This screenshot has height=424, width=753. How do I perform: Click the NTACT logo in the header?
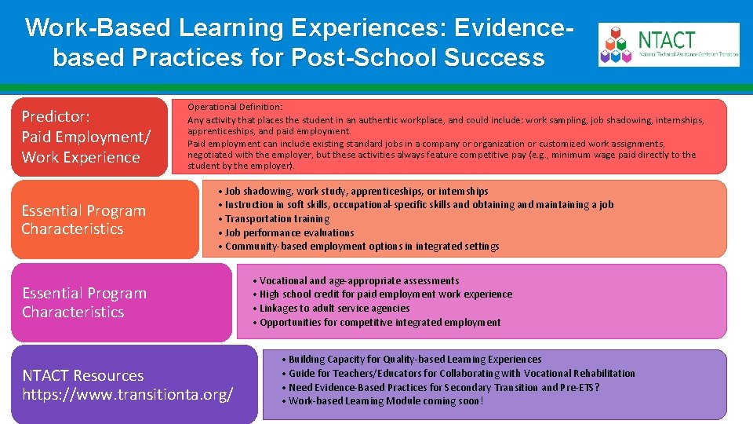tap(668, 44)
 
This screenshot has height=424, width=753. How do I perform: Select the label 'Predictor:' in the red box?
tap(55, 116)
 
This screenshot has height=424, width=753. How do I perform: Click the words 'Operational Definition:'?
tap(235, 106)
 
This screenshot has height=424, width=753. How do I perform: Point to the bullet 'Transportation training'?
tap(277, 218)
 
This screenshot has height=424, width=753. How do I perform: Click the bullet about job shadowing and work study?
tap(356, 191)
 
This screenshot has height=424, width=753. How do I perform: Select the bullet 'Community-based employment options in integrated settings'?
tap(362, 247)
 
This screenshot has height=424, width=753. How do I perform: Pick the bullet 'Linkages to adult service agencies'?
tap(334, 309)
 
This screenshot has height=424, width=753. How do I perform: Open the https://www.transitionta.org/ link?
tap(127, 394)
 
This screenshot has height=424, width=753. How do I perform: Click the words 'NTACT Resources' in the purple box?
tap(82, 375)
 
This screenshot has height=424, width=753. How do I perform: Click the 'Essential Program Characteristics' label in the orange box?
tap(84, 220)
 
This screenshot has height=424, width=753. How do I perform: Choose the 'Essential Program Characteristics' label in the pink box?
tap(84, 302)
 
